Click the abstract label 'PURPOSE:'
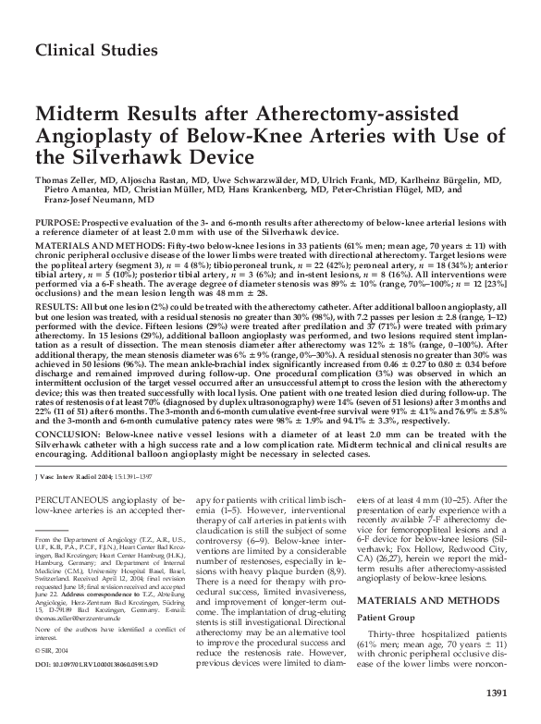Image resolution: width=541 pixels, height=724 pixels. [x=57, y=225]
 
